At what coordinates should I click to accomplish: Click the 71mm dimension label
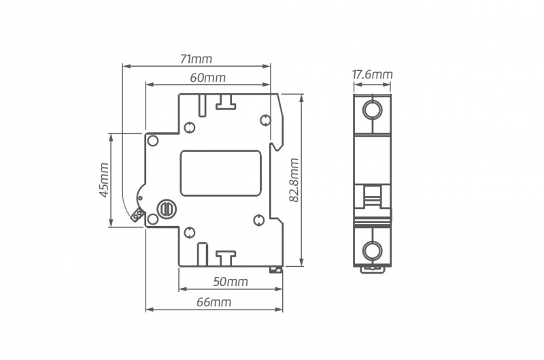[196, 59]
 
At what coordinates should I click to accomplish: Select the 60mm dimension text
[207, 78]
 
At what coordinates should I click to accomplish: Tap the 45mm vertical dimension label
[104, 180]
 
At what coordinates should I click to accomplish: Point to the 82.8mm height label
[294, 180]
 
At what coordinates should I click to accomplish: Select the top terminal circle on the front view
[372, 110]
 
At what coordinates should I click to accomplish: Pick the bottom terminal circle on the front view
[372, 250]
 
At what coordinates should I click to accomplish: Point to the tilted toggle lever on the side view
[137, 216]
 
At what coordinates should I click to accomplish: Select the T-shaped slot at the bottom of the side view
[225, 257]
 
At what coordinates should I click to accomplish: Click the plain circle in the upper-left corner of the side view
[153, 142]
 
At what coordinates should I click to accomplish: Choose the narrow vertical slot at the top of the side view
[203, 104]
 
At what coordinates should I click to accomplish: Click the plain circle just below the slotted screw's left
[153, 219]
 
